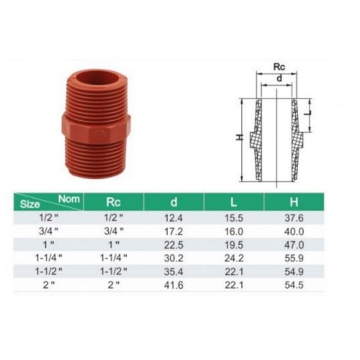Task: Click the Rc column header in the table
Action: pyautogui.click(x=113, y=202)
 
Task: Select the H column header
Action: pyautogui.click(x=294, y=202)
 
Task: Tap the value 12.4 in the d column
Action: pyautogui.click(x=174, y=218)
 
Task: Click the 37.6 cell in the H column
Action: pyautogui.click(x=294, y=218)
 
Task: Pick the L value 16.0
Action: pyautogui.click(x=234, y=232)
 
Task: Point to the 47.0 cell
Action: pyautogui.click(x=294, y=245)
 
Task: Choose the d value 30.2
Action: pyautogui.click(x=174, y=258)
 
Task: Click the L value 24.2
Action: pyautogui.click(x=234, y=258)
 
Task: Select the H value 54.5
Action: pyautogui.click(x=294, y=285)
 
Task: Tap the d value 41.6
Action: pyautogui.click(x=174, y=285)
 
